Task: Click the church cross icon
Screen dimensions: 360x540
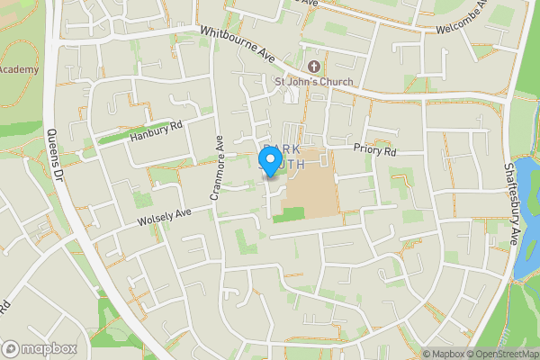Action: pyautogui.click(x=314, y=67)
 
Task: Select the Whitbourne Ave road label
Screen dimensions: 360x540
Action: pyautogui.click(x=238, y=43)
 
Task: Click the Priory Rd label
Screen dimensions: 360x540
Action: pyautogui.click(x=374, y=151)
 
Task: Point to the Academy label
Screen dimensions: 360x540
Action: pyautogui.click(x=19, y=69)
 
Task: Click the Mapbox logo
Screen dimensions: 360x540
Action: pyautogui.click(x=40, y=348)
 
